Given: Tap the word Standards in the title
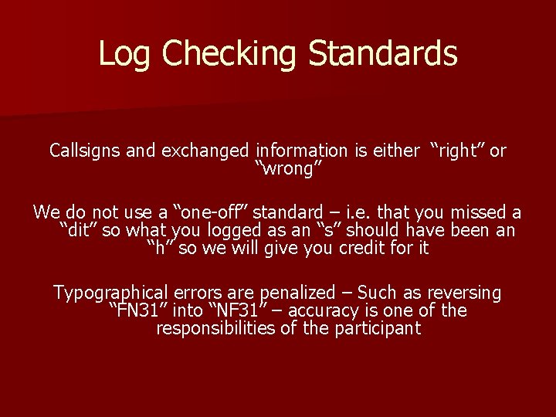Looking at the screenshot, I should tap(383, 54).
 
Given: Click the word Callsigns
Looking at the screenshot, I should tap(84, 151).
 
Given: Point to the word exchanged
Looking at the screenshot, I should tap(205, 151).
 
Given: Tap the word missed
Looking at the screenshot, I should tap(481, 212).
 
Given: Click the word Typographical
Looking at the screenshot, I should tap(110, 293).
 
